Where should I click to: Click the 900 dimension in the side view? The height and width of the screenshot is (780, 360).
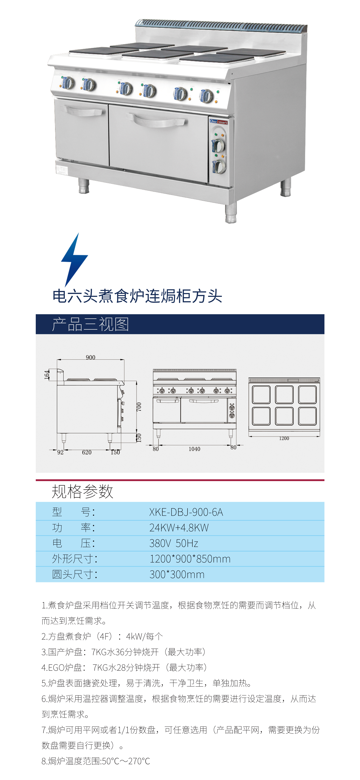tap(91, 357)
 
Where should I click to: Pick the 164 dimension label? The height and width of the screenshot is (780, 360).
tap(47, 374)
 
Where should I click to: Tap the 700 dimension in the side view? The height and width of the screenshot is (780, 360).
tap(139, 407)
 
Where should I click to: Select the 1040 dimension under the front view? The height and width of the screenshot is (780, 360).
tap(194, 449)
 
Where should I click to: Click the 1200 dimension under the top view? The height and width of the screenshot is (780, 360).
tap(284, 438)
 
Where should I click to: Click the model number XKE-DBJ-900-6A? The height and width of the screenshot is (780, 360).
tap(186, 512)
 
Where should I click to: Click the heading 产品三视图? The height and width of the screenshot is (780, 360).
tap(91, 324)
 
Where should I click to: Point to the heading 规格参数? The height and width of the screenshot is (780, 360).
tap(82, 491)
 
